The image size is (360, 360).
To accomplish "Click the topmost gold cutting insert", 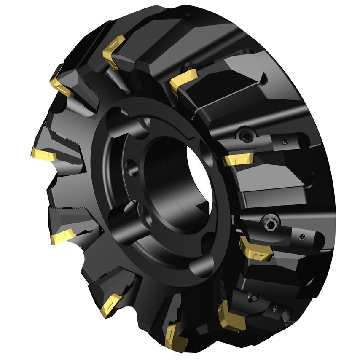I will click(x=114, y=51).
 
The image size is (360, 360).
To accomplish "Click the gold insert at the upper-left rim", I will click(x=61, y=82).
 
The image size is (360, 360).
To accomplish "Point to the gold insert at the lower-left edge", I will click(x=63, y=237).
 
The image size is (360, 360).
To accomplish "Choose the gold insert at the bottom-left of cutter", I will click(x=112, y=304).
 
